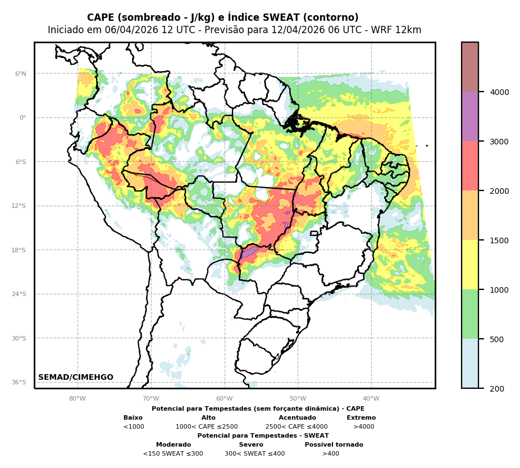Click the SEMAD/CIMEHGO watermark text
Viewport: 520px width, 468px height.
coord(76,378)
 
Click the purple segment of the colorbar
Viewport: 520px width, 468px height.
coord(470,116)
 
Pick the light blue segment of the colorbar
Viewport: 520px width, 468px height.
coord(470,363)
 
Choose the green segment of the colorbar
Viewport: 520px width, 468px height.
coord(470,314)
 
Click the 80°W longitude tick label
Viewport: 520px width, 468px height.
coord(77,399)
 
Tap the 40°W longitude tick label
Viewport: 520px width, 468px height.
coord(371,399)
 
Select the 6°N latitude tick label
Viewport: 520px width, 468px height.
coord(21,74)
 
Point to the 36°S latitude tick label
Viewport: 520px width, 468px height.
coord(19,382)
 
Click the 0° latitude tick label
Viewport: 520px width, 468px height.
coord(23,117)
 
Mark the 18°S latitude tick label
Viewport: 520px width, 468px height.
coord(19,250)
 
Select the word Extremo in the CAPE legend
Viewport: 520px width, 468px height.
coord(361,418)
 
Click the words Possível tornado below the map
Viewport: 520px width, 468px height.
coord(334,445)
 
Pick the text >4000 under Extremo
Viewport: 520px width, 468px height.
coord(363,427)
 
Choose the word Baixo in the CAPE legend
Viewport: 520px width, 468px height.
coord(133,418)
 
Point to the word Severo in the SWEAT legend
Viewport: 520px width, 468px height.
coord(251,445)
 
